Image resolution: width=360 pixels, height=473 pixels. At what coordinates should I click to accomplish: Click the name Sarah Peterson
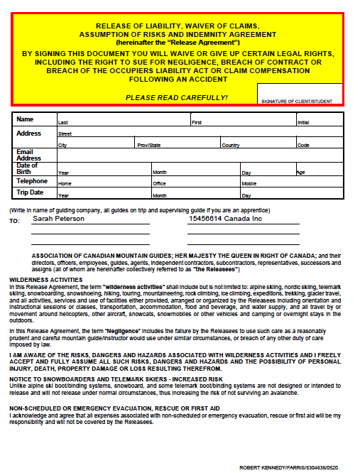[x=59, y=219]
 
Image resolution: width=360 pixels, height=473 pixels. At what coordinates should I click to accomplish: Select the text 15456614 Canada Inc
[x=225, y=219]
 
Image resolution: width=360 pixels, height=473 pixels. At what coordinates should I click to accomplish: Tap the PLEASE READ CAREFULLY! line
[x=177, y=97]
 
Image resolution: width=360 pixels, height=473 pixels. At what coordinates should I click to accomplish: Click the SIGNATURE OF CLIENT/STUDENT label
[x=296, y=102]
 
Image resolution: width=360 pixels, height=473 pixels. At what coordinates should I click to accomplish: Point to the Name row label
[x=25, y=119]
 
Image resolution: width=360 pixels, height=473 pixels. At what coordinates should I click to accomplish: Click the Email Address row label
[x=24, y=155]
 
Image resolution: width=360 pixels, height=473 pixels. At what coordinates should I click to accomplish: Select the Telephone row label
[x=32, y=180]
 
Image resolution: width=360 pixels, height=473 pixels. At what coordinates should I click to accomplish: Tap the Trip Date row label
[x=30, y=192]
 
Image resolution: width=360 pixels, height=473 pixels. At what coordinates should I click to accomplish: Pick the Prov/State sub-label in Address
[x=149, y=145]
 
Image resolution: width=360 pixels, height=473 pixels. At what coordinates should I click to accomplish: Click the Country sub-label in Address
[x=230, y=145]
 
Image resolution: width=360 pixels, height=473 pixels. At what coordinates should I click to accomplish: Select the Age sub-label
[x=300, y=172]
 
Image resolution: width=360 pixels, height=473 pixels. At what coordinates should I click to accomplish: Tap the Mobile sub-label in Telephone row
[x=249, y=183]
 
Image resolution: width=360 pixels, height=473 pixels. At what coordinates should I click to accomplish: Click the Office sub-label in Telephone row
[x=159, y=183]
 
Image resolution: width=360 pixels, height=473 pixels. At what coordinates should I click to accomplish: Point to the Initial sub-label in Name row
[x=303, y=123]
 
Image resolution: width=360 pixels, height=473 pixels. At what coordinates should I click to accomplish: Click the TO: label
[x=14, y=222]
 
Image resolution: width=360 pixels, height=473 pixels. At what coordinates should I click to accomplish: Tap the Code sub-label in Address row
[x=303, y=145]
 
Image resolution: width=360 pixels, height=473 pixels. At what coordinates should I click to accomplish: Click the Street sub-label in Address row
[x=65, y=134]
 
